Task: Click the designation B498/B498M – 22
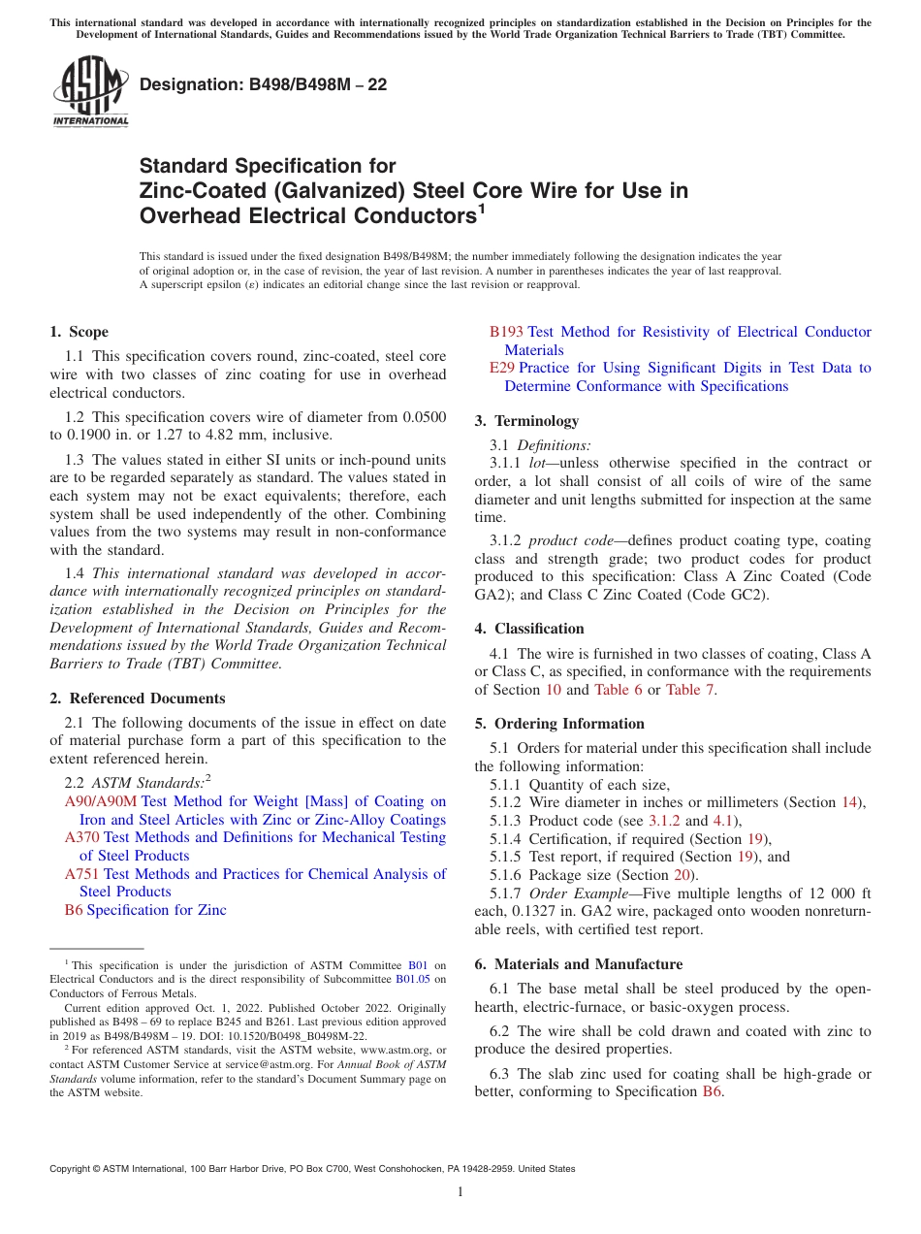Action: pyautogui.click(x=264, y=85)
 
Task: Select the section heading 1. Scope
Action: pyautogui.click(x=79, y=332)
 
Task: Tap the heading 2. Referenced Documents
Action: pyautogui.click(x=137, y=698)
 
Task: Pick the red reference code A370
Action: pyautogui.click(x=81, y=837)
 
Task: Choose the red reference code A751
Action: pyautogui.click(x=81, y=874)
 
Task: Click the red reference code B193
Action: pyautogui.click(x=506, y=332)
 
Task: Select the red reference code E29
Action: pyautogui.click(x=501, y=368)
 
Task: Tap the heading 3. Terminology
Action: pyautogui.click(x=526, y=421)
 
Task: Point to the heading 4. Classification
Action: pyautogui.click(x=529, y=629)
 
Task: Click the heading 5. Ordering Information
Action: pyautogui.click(x=559, y=724)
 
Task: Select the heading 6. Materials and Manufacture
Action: pyautogui.click(x=579, y=964)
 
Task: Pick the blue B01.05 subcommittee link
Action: pyautogui.click(x=412, y=980)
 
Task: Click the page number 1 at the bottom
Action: pyautogui.click(x=460, y=1191)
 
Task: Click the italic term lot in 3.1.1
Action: pyautogui.click(x=538, y=463)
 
